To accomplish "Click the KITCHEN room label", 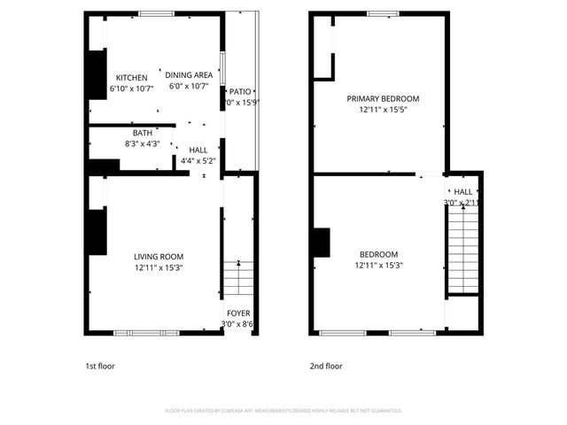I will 131,78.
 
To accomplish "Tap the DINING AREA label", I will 189,75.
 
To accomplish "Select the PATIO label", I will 240,91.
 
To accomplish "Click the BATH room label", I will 142,133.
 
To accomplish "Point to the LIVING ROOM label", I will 159,257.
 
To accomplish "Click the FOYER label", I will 238,313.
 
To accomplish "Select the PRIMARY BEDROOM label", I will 383,98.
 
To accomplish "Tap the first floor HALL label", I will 198,151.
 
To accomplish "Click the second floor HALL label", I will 463,191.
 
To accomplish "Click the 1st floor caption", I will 100,366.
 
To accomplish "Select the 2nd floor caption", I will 325,366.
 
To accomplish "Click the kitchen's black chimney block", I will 95,76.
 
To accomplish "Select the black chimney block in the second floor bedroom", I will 321,243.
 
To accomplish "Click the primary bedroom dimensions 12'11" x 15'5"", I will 383,110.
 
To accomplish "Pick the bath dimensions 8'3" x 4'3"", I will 142,143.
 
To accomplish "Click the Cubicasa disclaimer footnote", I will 283,411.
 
